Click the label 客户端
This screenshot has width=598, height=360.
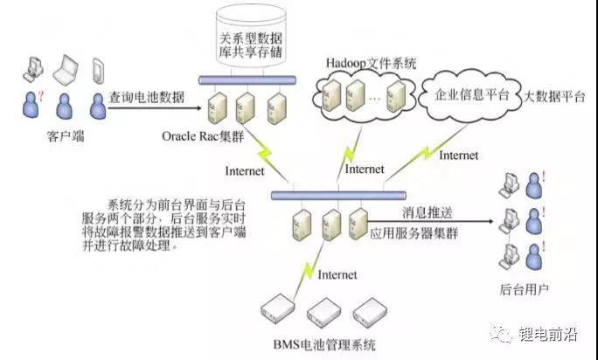point(62,135)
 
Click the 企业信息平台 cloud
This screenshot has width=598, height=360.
point(471,96)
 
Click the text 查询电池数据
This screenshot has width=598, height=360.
point(147,97)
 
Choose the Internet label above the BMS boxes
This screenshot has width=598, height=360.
point(337,274)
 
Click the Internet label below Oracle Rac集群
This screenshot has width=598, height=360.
point(244,170)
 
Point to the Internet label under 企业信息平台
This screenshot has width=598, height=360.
point(458,156)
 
